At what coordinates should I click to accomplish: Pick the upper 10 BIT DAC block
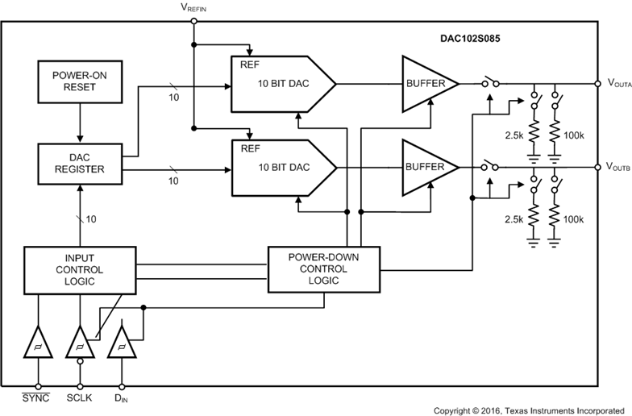click(x=282, y=83)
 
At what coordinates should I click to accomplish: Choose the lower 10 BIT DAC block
click(x=282, y=167)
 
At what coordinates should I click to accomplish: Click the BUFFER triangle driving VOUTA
click(x=426, y=83)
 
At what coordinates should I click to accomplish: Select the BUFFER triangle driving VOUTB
click(x=426, y=167)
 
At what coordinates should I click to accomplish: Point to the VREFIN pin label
click(x=193, y=8)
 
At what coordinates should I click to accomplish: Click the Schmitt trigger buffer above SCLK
click(x=79, y=343)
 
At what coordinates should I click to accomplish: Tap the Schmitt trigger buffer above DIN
click(x=121, y=343)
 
